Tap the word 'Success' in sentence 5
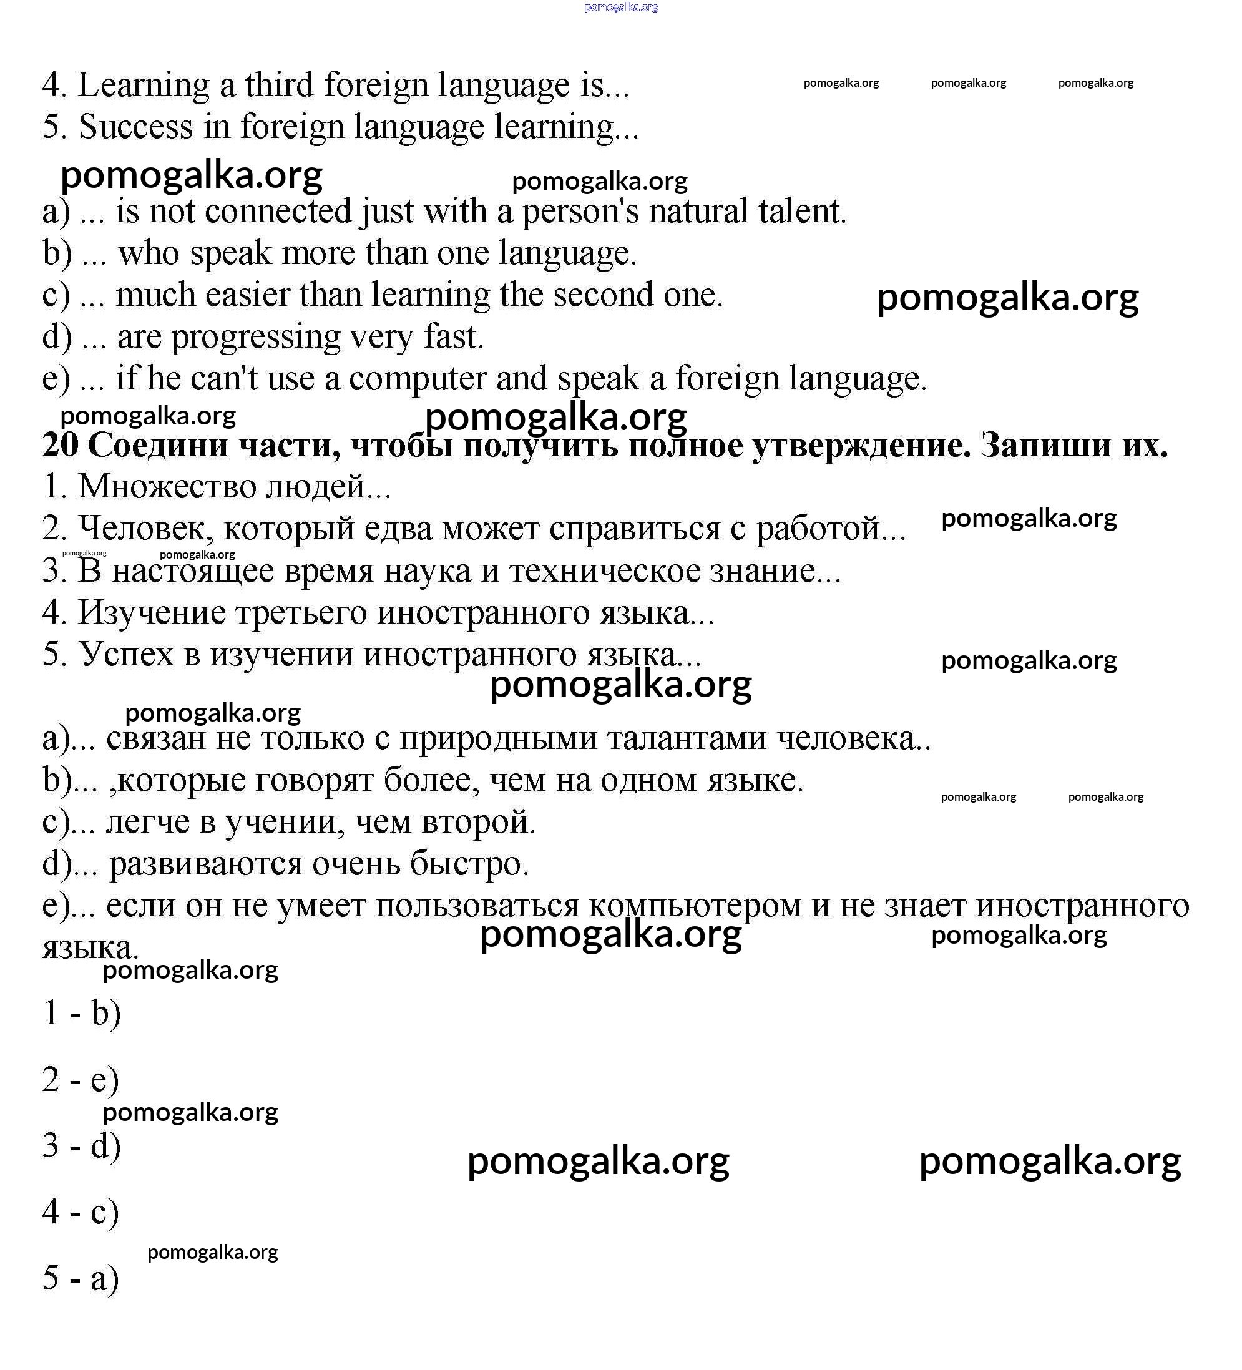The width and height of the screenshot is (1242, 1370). click(x=136, y=127)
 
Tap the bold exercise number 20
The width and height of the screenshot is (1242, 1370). click(x=60, y=446)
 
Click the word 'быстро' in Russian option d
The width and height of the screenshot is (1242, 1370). click(x=468, y=864)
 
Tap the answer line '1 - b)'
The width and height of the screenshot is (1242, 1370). click(x=82, y=1014)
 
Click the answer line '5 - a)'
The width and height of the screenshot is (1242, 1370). click(x=81, y=1279)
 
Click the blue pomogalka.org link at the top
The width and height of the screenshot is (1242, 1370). click(x=621, y=7)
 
